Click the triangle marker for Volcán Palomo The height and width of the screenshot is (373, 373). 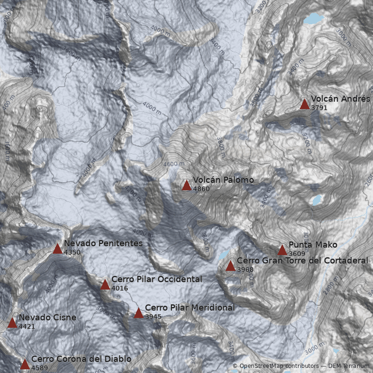pos(186,186)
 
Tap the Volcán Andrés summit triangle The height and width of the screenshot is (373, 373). pos(304,104)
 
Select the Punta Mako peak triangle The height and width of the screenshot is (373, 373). pos(282,250)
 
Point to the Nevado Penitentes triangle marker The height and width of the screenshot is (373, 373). pos(57,249)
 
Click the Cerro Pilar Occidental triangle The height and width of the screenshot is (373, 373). pos(105,284)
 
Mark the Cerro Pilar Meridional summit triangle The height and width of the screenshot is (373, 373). pos(138,313)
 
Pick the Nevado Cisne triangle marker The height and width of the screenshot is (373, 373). pos(12,323)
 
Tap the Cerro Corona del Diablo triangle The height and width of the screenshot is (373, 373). pos(25,364)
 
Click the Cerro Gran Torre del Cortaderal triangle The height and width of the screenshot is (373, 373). pos(230,266)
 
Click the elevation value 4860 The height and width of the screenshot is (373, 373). pos(201,189)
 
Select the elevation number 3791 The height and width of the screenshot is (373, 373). pos(319,108)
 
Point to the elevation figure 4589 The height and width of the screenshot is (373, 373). pos(40,368)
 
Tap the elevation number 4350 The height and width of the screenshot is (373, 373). pos(72,252)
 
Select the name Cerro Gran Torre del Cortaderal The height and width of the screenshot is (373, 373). pos(303,260)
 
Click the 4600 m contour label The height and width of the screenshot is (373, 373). pos(174,164)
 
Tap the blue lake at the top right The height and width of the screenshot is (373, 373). pos(313,19)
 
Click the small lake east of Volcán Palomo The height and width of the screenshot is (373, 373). pos(317,200)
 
